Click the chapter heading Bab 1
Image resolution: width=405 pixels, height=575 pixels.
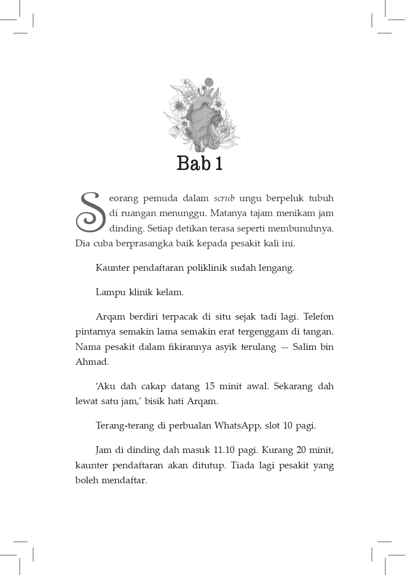pos(200,163)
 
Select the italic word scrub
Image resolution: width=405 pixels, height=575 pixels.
pos(223,198)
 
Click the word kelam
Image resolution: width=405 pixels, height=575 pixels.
pos(170,292)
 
